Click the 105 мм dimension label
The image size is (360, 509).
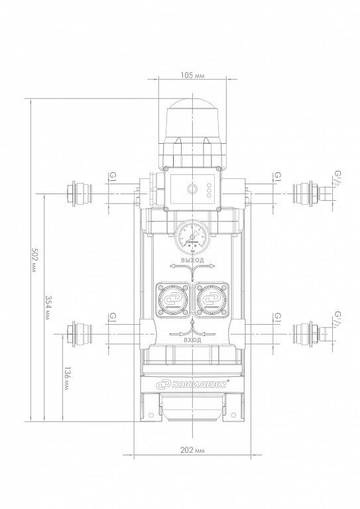point(192,76)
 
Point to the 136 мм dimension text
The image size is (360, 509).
point(66,378)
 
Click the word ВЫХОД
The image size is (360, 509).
point(192,260)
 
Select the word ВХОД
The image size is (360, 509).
point(192,340)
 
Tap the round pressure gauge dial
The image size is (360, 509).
point(192,235)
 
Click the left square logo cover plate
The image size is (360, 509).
point(172,300)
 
